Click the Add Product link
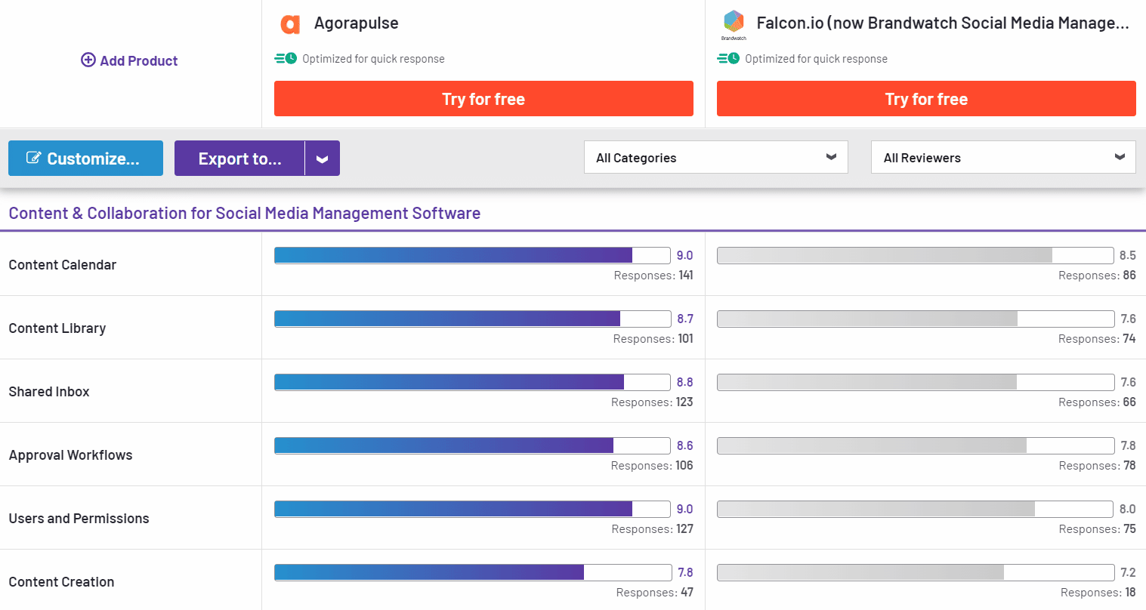[129, 61]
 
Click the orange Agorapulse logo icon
[290, 24]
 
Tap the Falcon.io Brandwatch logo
[734, 23]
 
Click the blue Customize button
[85, 159]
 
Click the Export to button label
[239, 159]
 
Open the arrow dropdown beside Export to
[323, 159]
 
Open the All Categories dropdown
[715, 158]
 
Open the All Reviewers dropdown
[1002, 158]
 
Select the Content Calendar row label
[63, 265]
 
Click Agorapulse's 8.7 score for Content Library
[684, 319]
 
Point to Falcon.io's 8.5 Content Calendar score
[1127, 255]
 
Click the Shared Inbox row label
[49, 392]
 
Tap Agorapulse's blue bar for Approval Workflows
[444, 445]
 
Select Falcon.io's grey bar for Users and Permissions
[876, 509]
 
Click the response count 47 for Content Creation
[687, 593]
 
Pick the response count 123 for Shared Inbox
[684, 402]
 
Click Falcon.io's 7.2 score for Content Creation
[1127, 572]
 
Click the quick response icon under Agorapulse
[286, 59]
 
